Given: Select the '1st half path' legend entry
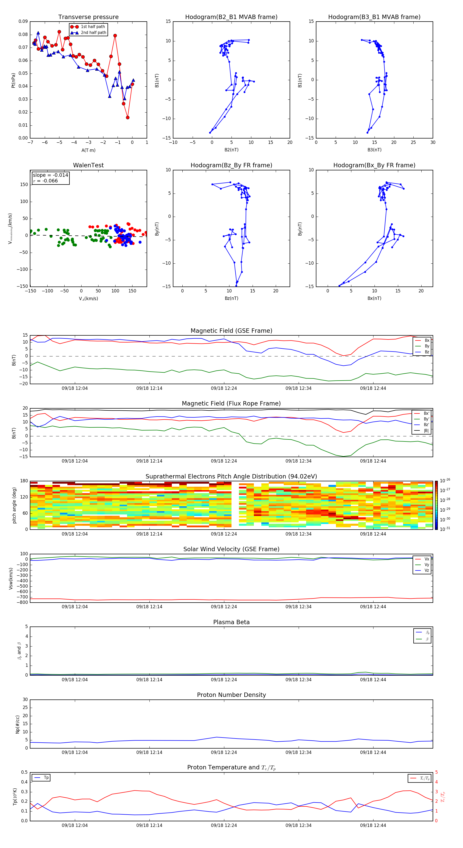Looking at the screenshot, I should pos(93,27).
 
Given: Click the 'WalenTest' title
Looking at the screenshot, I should pos(88,165).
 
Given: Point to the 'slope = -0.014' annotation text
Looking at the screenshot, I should pos(50,175).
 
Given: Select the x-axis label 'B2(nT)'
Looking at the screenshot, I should pos(231,150).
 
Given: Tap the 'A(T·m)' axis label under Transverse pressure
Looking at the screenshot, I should pos(88,150).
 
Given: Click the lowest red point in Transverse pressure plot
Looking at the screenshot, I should pos(128,117).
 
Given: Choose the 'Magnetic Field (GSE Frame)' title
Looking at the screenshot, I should pos(231,331).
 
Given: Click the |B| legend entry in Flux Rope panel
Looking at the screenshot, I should pos(426,431).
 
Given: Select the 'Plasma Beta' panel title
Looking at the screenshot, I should pos(231,622).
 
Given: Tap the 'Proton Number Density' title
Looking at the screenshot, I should pos(231,695).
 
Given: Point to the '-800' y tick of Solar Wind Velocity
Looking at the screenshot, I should pos(22,602).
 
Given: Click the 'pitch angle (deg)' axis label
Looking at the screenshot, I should pos(14,505).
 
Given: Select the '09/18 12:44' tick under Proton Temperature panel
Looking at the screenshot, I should pos(373,825).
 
